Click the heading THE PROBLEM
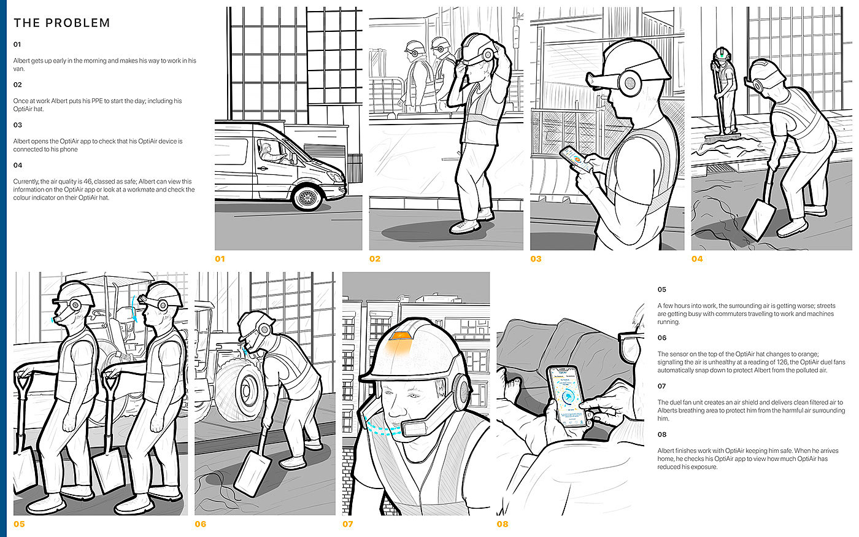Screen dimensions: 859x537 tap(62, 23)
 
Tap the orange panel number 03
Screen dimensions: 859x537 tap(536, 259)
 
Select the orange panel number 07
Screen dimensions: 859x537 tap(347, 524)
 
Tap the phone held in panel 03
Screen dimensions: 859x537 tap(573, 159)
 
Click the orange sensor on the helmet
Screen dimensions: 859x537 tap(401, 336)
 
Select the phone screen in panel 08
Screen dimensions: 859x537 tap(567, 396)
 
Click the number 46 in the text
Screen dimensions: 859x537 tap(88, 182)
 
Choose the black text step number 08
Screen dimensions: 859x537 tap(662, 435)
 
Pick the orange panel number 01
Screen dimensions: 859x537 tap(220, 259)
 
